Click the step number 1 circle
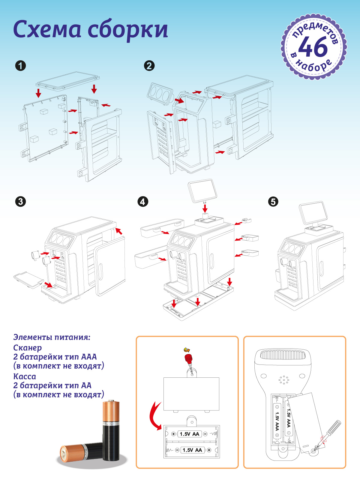point(20,66)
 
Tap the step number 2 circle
point(149,66)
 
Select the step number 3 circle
point(20,201)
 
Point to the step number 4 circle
point(142,201)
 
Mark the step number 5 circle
point(273,201)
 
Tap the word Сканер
point(28,348)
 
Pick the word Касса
point(25,376)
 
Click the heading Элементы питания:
point(52,337)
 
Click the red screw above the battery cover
point(188,358)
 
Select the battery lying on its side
point(81,452)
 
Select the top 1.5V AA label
point(189,434)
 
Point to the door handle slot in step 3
point(100,271)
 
